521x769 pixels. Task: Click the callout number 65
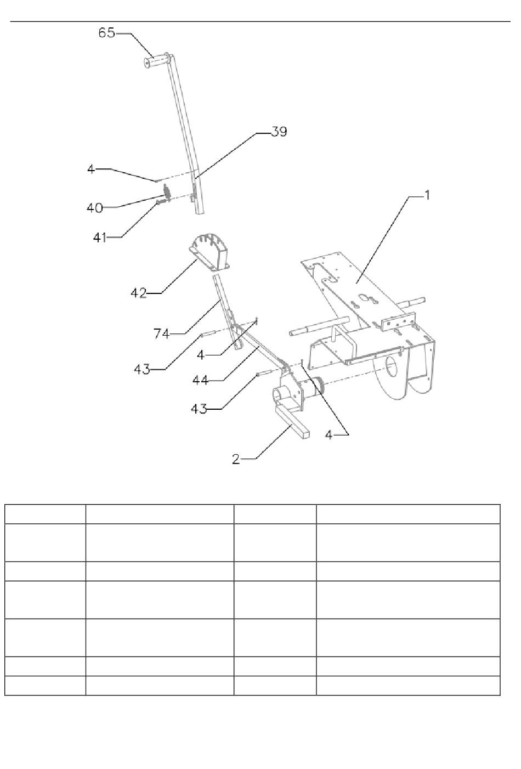coord(106,32)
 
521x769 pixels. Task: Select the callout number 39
coord(279,132)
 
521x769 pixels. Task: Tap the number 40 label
coord(94,208)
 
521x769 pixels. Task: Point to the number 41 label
coord(99,238)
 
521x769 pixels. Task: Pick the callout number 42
coord(138,293)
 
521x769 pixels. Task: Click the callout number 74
coord(161,333)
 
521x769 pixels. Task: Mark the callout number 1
coord(427,195)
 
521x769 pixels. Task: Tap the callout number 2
coord(236,459)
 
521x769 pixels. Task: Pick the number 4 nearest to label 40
coord(90,169)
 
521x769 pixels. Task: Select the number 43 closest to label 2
coord(199,409)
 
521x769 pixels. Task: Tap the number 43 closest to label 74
coord(141,370)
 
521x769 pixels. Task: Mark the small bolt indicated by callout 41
coord(162,202)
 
